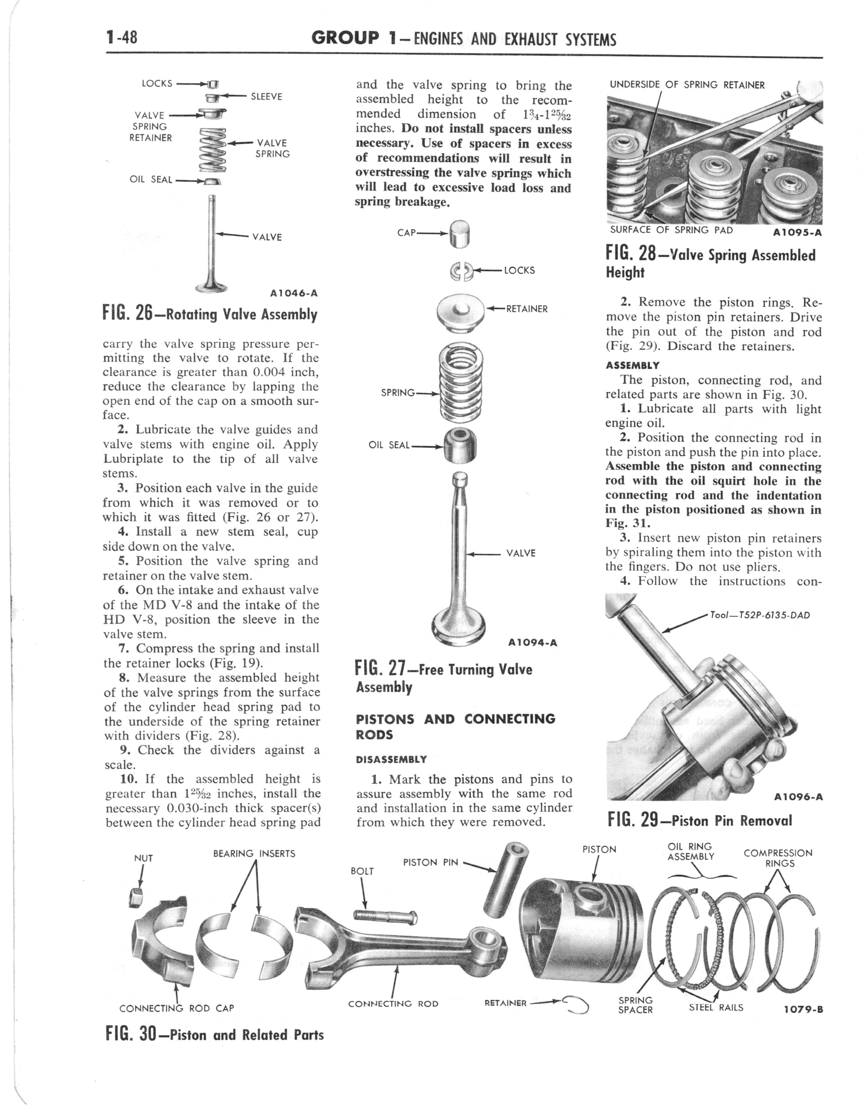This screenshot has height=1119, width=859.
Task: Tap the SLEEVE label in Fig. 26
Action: pyautogui.click(x=266, y=97)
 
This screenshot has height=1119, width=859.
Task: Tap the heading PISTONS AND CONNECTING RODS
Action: pyautogui.click(x=455, y=726)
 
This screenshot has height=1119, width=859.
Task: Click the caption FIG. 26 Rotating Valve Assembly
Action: pyautogui.click(x=210, y=314)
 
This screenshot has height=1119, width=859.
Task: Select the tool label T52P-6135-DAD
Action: pyautogui.click(x=760, y=615)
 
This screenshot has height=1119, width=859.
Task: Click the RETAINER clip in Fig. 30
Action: pyautogui.click(x=576, y=1003)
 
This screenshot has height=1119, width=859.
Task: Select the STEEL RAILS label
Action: pyautogui.click(x=716, y=1007)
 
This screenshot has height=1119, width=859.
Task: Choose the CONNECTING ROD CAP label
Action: pyautogui.click(x=176, y=1008)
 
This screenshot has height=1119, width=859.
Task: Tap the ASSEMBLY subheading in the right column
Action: pyautogui.click(x=632, y=365)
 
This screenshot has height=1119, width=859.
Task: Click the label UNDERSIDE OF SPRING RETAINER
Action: pyautogui.click(x=687, y=85)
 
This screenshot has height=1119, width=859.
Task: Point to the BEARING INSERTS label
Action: pyautogui.click(x=254, y=854)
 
